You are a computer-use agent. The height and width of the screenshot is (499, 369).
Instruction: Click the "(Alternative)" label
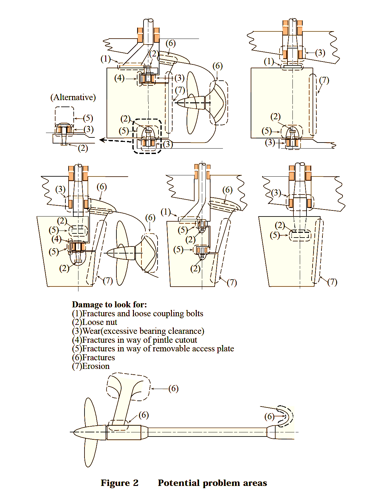(x=73, y=97)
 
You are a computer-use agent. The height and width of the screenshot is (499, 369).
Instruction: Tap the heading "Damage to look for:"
(x=109, y=305)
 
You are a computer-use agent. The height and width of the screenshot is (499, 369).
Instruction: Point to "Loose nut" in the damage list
(x=100, y=322)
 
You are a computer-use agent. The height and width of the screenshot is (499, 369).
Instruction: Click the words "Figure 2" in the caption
(x=120, y=483)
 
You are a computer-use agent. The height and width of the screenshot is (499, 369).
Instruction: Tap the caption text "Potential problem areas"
(x=212, y=483)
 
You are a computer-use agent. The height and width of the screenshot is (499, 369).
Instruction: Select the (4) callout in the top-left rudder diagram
(x=119, y=78)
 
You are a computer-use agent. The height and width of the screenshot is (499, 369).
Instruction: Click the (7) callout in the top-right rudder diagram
(x=324, y=80)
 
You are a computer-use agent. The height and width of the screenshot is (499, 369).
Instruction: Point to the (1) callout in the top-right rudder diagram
(x=269, y=61)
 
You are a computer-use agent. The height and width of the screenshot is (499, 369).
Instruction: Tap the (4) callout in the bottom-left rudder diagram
(x=56, y=239)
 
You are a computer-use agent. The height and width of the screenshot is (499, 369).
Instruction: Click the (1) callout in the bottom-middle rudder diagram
(x=166, y=212)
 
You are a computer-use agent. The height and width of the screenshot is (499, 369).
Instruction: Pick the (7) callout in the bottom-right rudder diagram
(x=332, y=282)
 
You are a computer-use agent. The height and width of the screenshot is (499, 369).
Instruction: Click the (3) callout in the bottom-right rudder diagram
(x=276, y=193)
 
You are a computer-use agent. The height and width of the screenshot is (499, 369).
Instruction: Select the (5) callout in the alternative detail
(x=88, y=118)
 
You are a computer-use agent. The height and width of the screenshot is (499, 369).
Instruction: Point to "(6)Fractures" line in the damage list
(x=93, y=357)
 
